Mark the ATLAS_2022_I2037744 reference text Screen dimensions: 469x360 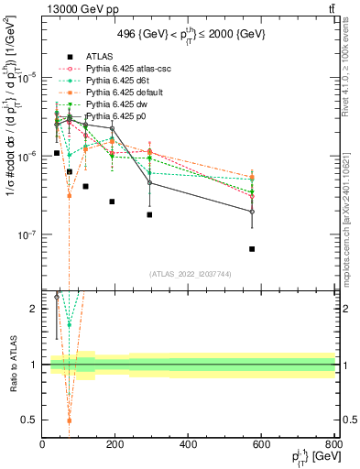point(190,274)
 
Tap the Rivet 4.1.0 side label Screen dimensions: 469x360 point(352,82)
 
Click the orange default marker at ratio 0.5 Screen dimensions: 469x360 point(69,420)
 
